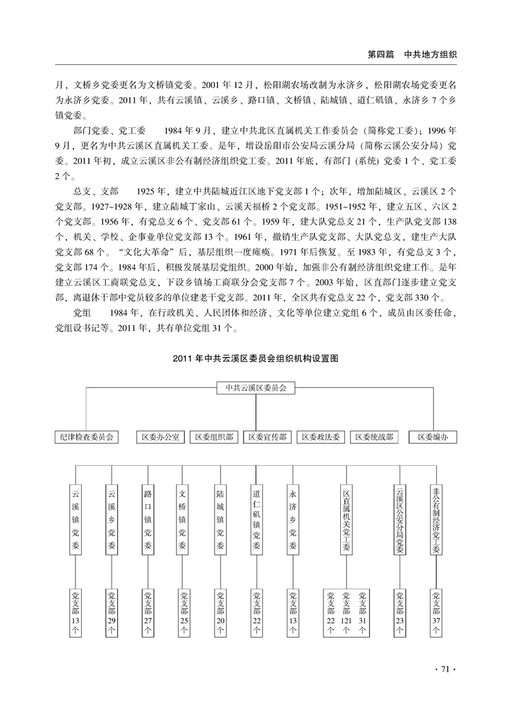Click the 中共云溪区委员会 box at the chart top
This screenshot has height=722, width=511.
pyautogui.click(x=255, y=389)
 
